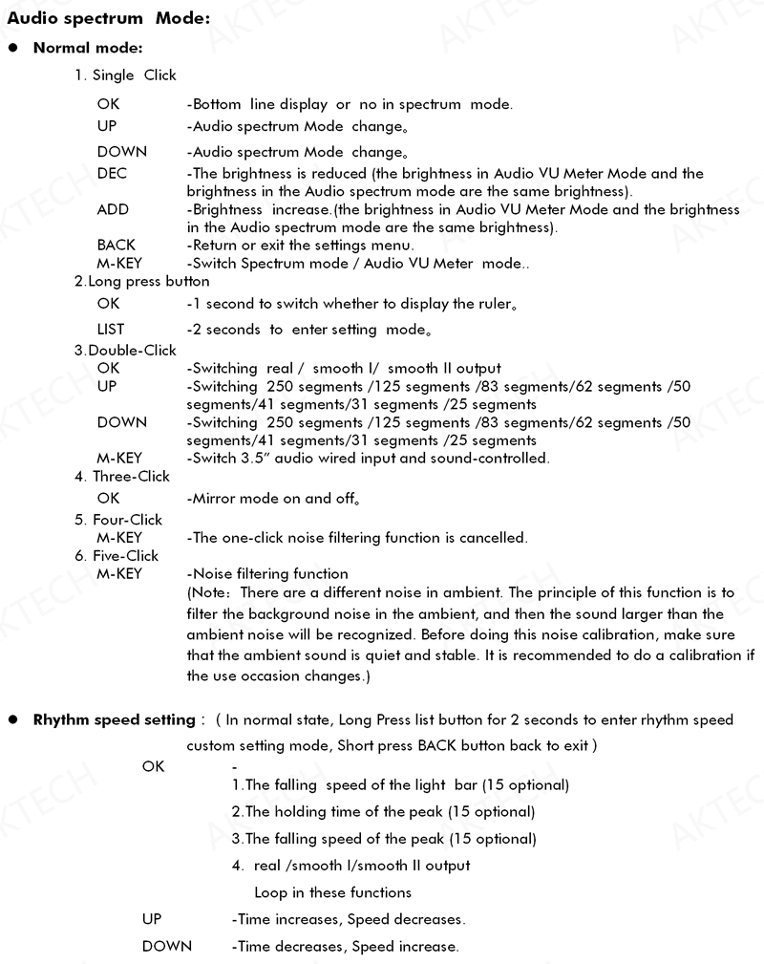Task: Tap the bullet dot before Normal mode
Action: click(13, 48)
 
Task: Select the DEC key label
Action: click(112, 174)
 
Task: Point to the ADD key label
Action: click(113, 209)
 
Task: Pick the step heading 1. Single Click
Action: click(125, 75)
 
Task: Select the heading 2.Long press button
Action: click(142, 282)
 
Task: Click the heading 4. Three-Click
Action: click(122, 477)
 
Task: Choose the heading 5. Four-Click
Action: click(118, 520)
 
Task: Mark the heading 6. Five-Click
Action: click(117, 556)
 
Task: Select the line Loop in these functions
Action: click(332, 892)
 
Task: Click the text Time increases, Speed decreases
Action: click(349, 919)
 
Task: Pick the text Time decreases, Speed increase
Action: click(345, 947)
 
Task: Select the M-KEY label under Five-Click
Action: click(119, 574)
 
